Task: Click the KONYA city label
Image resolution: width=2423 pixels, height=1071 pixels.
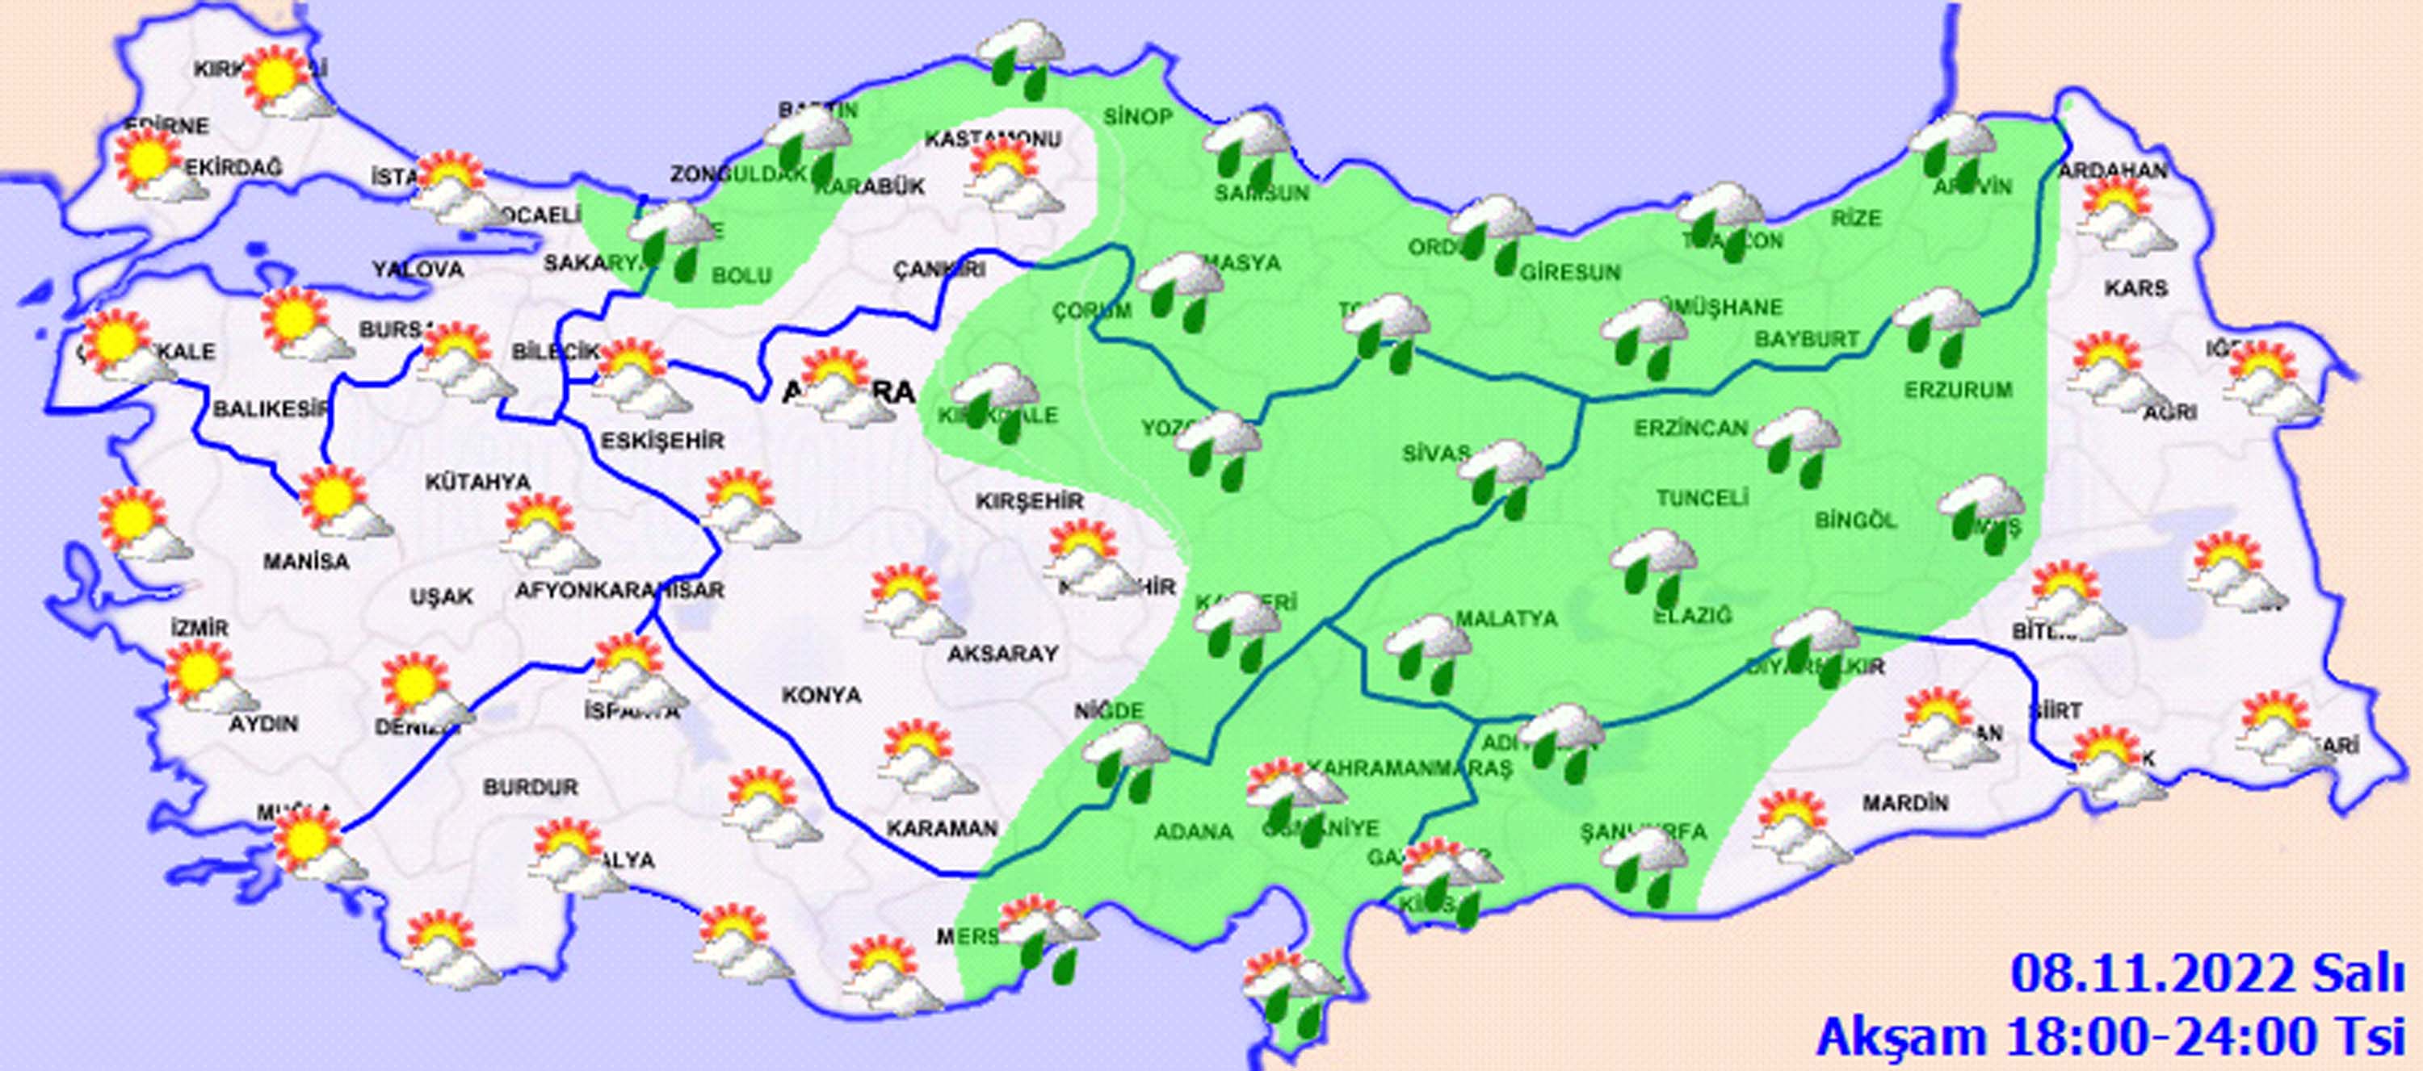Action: pos(821,695)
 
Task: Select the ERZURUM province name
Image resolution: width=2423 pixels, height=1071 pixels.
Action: pos(1959,389)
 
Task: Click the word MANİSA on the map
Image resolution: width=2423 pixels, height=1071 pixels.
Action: pos(305,563)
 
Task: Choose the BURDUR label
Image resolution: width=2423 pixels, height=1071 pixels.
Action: pos(531,787)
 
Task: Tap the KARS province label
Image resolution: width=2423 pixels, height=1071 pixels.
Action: pos(2137,288)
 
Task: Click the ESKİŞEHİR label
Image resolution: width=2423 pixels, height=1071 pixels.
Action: pos(663,441)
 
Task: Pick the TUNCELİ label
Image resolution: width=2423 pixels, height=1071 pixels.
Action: pos(1703,497)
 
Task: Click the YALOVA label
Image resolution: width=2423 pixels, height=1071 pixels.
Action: pos(418,270)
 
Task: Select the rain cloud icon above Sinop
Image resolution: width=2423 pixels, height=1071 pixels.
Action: pos(1023,58)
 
